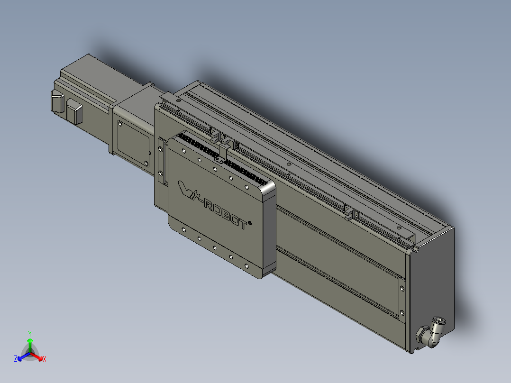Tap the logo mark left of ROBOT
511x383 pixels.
(190, 193)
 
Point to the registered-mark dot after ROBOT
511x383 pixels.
(250, 223)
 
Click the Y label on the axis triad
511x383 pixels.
(30, 333)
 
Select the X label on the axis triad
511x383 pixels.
(45, 359)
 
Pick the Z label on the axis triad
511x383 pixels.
(16, 359)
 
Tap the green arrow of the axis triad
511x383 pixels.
(30, 345)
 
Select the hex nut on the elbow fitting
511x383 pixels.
(421, 334)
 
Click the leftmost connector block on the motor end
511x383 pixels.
(57, 101)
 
